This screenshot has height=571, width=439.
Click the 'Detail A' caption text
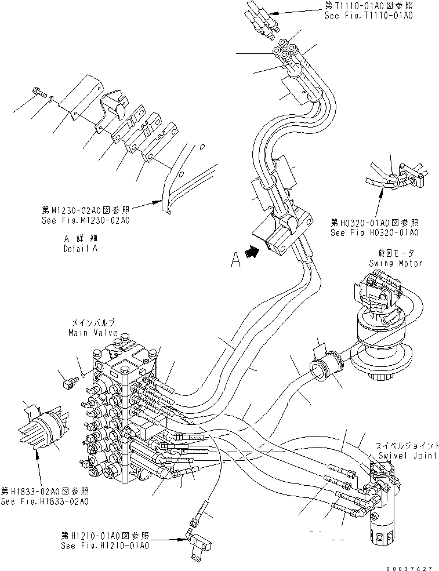pos(81,248)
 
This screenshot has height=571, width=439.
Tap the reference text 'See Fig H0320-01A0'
pos(374,232)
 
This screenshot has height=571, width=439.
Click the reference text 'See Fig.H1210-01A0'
pos(106,545)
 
